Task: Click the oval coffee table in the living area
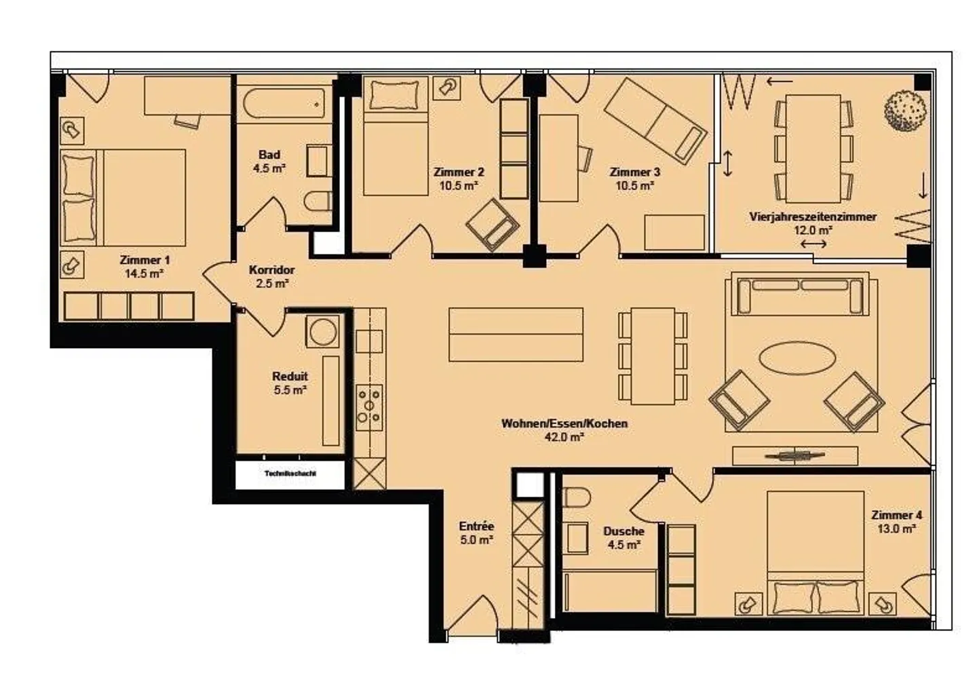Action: (797, 356)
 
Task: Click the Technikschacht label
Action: (290, 474)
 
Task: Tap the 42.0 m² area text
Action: (564, 438)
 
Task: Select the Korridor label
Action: (271, 270)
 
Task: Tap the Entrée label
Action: (476, 526)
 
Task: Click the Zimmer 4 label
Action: (896, 515)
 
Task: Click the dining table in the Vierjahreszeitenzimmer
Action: (812, 148)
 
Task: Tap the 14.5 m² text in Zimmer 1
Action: (144, 273)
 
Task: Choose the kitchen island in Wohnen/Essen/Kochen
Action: (516, 335)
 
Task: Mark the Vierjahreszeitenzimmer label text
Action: (812, 217)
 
